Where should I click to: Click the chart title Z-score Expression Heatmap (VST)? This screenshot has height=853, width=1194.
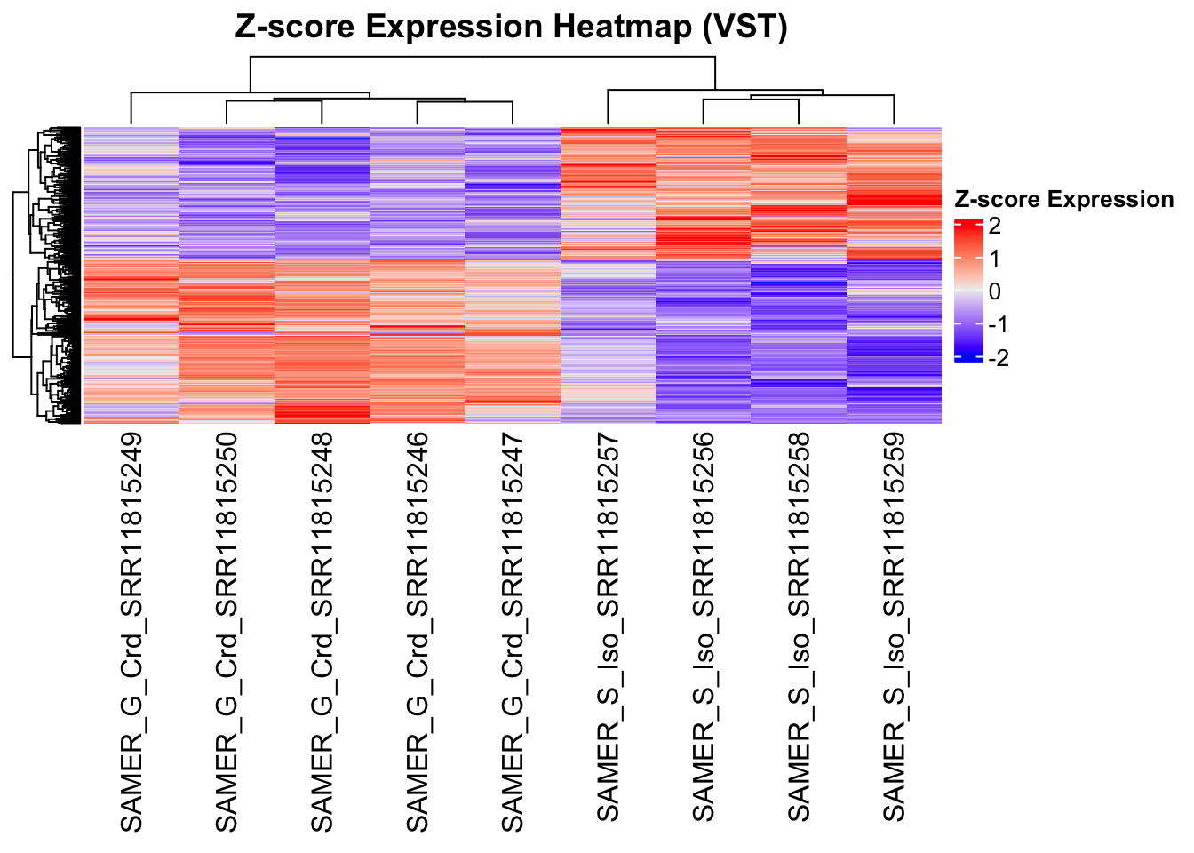click(x=511, y=27)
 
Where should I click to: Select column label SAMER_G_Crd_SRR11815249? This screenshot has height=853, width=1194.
click(x=131, y=632)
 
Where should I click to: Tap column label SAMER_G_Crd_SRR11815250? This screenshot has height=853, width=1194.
click(x=227, y=632)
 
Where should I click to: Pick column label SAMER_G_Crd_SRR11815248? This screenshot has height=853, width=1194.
click(x=322, y=632)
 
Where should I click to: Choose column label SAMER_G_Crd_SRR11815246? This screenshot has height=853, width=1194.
click(x=417, y=632)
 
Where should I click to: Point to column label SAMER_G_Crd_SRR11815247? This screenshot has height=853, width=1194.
click(x=513, y=632)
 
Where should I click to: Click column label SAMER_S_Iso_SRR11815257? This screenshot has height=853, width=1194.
click(x=608, y=626)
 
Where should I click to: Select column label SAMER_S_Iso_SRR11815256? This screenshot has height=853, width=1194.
click(x=703, y=626)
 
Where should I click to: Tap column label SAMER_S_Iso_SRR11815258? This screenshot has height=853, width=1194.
click(x=799, y=626)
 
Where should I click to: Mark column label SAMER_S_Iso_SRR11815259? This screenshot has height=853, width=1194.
click(x=894, y=626)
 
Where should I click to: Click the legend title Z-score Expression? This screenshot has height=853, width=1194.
click(x=1063, y=199)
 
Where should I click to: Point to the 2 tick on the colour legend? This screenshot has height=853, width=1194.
click(x=994, y=226)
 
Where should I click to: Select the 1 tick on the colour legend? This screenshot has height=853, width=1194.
click(x=994, y=259)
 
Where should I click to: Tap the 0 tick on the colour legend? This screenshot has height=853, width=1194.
click(x=994, y=291)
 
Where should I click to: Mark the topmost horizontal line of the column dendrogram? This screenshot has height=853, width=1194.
click(x=482, y=58)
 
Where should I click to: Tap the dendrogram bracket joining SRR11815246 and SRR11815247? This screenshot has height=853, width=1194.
click(x=465, y=102)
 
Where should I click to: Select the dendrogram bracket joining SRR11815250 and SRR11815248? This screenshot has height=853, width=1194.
click(x=274, y=101)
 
